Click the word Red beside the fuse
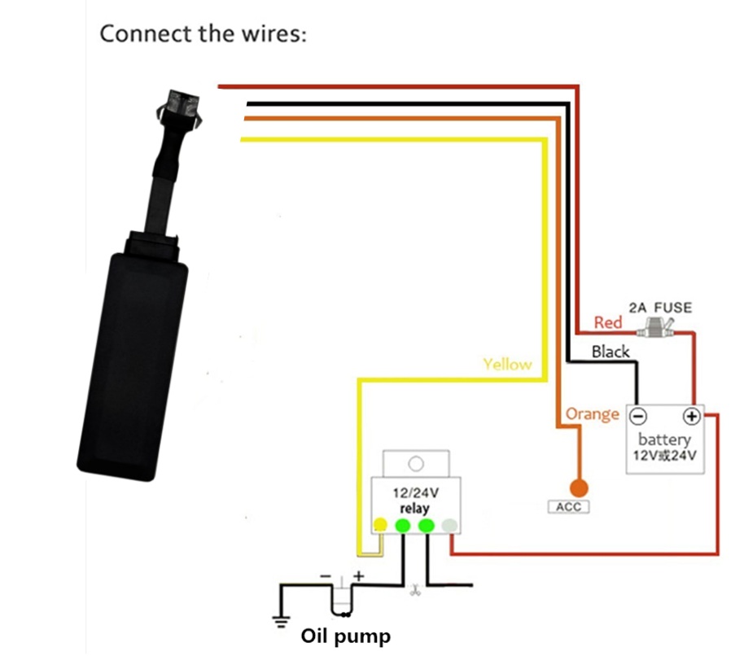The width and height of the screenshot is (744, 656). tap(608, 322)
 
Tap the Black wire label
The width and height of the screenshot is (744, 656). tap(611, 352)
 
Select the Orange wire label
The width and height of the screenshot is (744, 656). tap(592, 414)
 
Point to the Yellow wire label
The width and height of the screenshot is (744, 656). tap(507, 364)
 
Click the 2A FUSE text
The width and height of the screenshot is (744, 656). tap(661, 308)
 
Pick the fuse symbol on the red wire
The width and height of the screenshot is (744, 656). tap(659, 330)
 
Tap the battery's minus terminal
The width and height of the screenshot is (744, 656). tap(639, 416)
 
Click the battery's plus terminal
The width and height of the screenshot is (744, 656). tap(691, 416)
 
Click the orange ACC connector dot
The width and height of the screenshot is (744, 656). tap(579, 488)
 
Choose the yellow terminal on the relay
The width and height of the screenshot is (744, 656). tap(379, 526)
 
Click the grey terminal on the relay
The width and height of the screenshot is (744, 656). tap(449, 526)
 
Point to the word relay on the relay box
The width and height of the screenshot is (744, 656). tap(414, 509)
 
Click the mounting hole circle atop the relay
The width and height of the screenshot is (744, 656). tap(417, 463)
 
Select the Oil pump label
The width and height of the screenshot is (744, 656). tap(346, 636)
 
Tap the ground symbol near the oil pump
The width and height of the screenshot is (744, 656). tap(281, 623)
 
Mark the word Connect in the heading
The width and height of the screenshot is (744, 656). tap(143, 34)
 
